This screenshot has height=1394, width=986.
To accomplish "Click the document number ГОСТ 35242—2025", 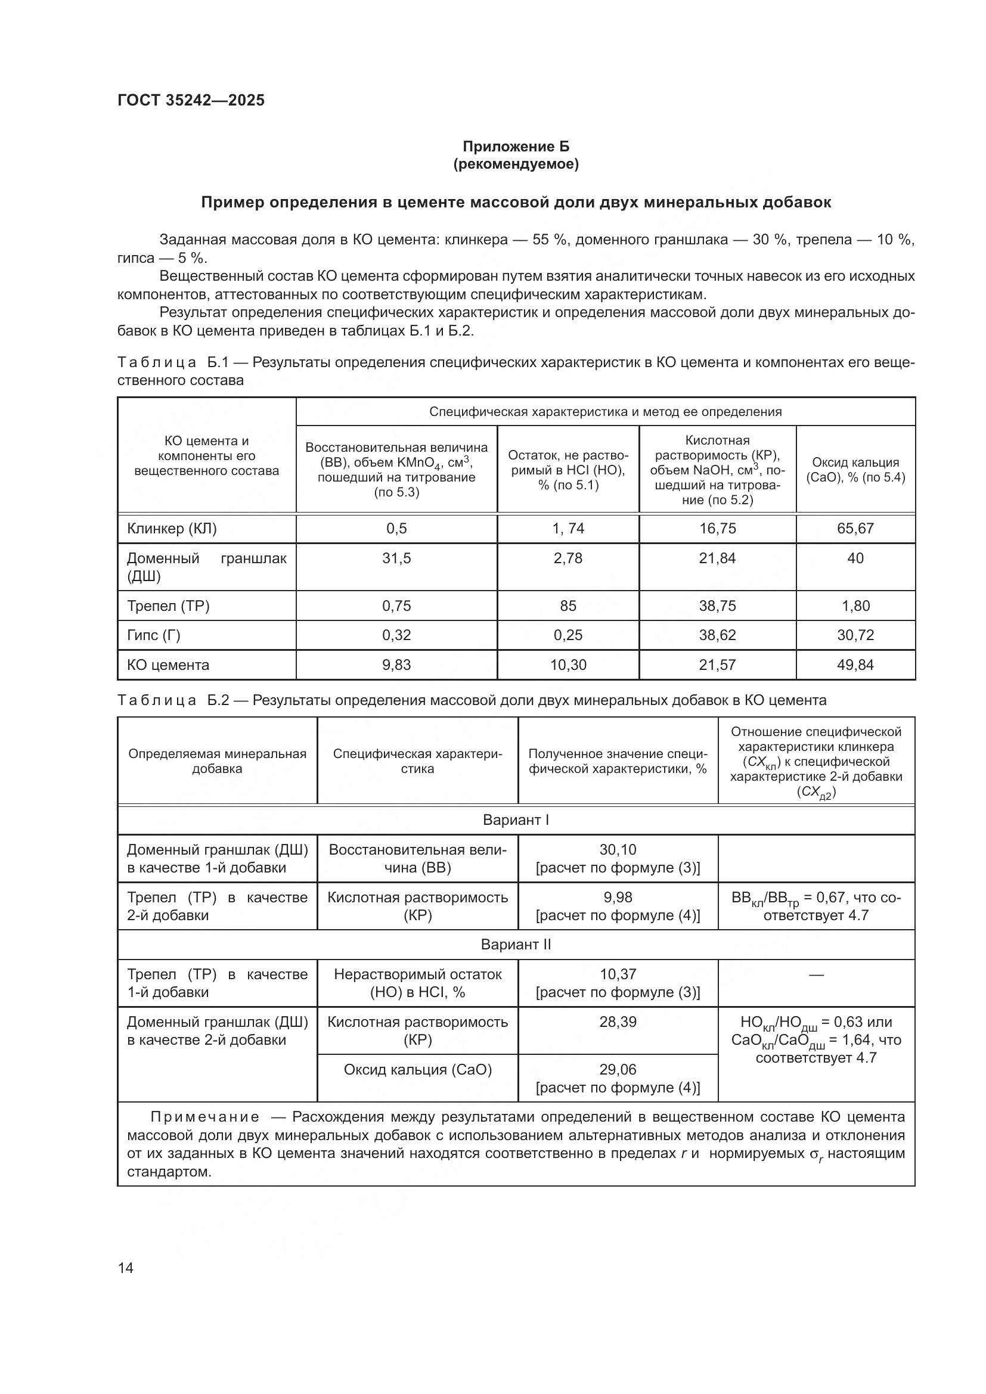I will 191,100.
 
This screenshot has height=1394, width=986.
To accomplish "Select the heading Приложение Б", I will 516,147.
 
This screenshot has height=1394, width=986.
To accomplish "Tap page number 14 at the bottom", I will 126,1268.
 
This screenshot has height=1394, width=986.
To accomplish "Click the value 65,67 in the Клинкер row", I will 855,528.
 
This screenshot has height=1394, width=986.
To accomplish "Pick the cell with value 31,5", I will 396,558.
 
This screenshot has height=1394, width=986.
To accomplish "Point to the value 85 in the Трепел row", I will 568,606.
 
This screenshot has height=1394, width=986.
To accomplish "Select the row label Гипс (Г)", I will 154,635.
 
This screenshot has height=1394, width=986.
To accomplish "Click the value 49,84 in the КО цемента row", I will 855,665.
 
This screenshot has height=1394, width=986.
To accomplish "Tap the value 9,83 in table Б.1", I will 396,665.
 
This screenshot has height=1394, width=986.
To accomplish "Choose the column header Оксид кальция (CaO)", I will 855,469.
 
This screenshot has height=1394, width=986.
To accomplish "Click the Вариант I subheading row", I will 516,819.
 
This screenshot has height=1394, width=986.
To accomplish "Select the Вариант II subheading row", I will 516,944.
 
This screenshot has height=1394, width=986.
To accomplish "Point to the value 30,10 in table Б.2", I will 618,849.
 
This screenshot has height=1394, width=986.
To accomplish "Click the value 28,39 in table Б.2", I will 618,1022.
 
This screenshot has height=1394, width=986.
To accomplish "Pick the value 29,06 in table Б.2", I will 618,1069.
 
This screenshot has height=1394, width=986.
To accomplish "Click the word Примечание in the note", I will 204,1117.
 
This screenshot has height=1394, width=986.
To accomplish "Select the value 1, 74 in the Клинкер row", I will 568,528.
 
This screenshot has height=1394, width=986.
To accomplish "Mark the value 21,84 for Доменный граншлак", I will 717,558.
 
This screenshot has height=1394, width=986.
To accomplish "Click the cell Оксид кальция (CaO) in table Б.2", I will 418,1069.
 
